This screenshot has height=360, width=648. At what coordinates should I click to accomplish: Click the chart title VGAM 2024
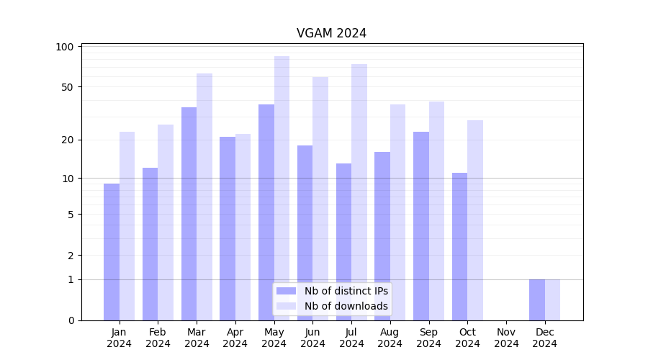[331, 33]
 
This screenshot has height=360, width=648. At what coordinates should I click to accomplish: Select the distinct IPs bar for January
[112, 251]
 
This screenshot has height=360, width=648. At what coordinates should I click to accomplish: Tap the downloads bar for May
[282, 188]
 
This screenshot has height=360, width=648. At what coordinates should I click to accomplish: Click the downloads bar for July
[359, 192]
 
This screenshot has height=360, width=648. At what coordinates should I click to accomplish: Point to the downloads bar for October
[475, 220]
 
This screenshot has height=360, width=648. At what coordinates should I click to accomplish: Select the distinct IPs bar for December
[537, 300]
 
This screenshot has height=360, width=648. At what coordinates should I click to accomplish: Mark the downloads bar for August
[398, 212]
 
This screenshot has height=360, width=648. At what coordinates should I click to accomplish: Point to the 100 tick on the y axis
[65, 47]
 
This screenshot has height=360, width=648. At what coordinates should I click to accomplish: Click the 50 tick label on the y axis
[68, 87]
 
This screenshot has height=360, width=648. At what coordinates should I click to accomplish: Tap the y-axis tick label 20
[68, 140]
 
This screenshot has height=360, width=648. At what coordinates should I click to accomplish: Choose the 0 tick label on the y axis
[71, 320]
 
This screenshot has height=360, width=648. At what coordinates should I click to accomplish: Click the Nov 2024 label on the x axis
[506, 338]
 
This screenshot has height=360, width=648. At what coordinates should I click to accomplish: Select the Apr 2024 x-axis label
[235, 338]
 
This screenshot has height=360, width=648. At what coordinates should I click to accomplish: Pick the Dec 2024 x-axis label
[545, 338]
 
